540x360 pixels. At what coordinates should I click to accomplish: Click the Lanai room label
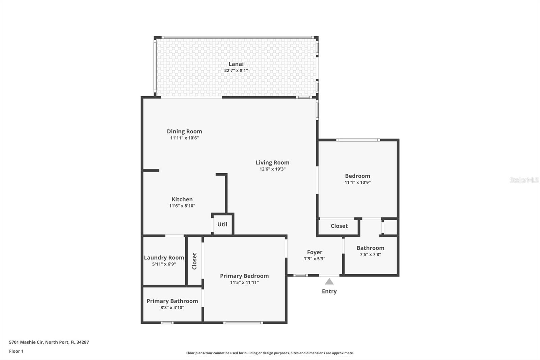click(x=236, y=64)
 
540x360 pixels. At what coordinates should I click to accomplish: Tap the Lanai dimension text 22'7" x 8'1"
click(x=236, y=71)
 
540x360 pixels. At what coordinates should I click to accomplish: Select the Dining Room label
click(x=184, y=131)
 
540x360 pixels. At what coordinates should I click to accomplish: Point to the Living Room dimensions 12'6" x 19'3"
click(x=272, y=169)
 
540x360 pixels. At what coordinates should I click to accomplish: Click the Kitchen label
click(x=182, y=199)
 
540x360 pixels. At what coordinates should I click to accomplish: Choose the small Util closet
click(x=222, y=224)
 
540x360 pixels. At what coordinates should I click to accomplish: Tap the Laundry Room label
click(x=164, y=258)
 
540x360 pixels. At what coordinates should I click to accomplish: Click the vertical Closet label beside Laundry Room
click(x=194, y=261)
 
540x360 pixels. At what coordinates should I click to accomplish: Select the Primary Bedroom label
click(x=244, y=276)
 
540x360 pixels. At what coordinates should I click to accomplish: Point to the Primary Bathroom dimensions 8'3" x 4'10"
click(x=172, y=308)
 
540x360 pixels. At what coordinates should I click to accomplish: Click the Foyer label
click(x=315, y=252)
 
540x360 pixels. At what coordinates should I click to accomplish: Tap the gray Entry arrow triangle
click(x=329, y=282)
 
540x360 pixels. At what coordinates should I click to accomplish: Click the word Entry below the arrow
click(x=329, y=291)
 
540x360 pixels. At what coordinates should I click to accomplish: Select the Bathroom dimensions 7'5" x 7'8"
click(x=370, y=255)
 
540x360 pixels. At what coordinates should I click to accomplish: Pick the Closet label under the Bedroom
click(x=339, y=226)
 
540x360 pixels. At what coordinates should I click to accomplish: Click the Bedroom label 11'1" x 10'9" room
click(x=357, y=176)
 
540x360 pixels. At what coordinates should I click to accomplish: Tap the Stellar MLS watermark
click(x=524, y=180)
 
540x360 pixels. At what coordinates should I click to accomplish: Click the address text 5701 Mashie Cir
click(x=49, y=342)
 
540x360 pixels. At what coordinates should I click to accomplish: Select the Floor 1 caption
click(x=16, y=351)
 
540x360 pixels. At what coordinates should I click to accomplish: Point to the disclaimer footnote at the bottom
click(x=270, y=353)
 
